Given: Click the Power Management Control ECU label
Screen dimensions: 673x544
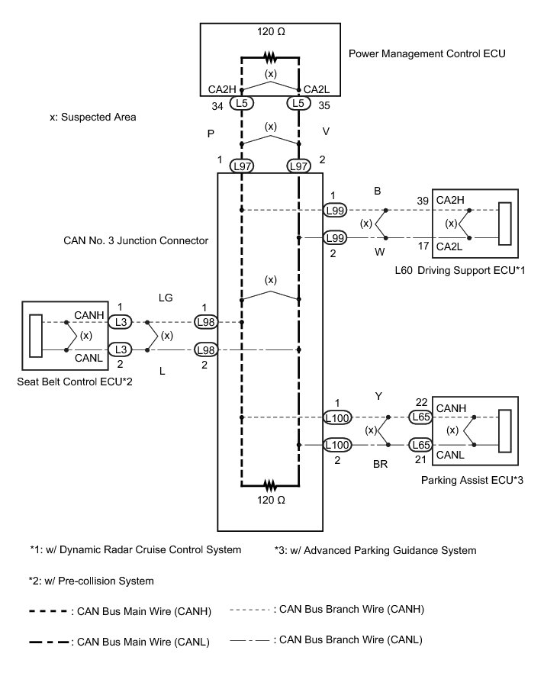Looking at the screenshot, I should [x=427, y=54].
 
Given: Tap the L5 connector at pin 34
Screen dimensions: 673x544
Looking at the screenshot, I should [x=242, y=101].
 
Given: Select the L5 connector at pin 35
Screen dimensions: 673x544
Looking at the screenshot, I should [x=298, y=101].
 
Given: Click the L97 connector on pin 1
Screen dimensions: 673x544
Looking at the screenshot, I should [x=242, y=165].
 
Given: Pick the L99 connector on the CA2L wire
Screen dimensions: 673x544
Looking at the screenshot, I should [x=335, y=238].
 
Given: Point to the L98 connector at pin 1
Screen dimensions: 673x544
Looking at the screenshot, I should [x=204, y=323].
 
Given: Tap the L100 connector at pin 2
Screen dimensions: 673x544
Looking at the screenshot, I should [x=336, y=444].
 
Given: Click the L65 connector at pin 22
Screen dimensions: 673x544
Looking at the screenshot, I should [x=421, y=417].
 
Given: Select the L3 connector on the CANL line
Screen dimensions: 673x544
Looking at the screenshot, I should [x=120, y=350].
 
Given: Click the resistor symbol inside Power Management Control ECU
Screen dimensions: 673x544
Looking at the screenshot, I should [x=270, y=56].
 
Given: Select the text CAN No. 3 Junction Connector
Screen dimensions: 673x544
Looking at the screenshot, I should [x=136, y=240].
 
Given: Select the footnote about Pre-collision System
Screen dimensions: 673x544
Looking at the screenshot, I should [x=92, y=581].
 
